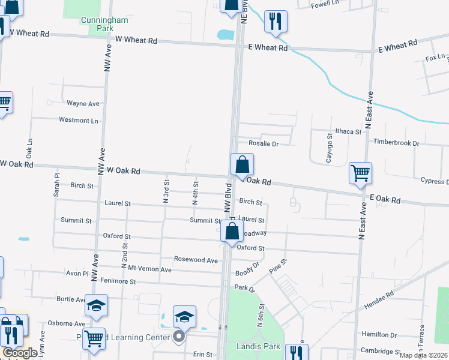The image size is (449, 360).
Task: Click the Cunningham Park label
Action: click(104, 24)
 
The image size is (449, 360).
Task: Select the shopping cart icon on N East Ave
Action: click(360, 173)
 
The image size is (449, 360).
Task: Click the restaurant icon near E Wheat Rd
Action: click(276, 21)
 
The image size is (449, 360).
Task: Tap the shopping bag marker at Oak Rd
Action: click(242, 164)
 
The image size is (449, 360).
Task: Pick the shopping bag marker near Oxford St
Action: click(232, 231)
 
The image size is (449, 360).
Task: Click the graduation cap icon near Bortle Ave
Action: click(96, 305)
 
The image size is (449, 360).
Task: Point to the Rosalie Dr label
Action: click(264, 144)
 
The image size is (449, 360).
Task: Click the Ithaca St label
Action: click(348, 131)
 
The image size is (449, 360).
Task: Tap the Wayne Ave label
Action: click(83, 103)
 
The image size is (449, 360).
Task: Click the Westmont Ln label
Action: click(78, 120)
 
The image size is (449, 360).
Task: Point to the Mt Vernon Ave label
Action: click(150, 269)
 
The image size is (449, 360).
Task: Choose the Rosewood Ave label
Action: click(196, 260)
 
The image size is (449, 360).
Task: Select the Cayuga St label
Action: click(330, 145)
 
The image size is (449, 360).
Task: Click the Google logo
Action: click(20, 353)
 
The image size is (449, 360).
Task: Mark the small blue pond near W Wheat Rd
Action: click(225, 34)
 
